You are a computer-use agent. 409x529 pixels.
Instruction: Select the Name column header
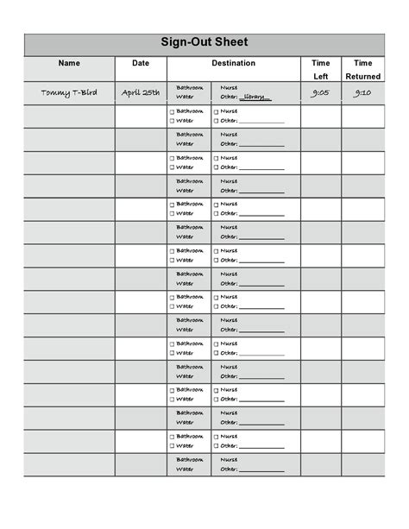[x=69, y=63]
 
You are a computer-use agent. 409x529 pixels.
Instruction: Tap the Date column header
[x=141, y=63]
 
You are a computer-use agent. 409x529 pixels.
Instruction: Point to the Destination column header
[x=233, y=63]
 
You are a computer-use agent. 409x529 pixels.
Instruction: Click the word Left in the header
[x=320, y=76]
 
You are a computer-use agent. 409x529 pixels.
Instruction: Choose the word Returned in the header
[x=363, y=76]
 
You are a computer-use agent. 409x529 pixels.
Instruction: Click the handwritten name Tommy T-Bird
[x=69, y=92]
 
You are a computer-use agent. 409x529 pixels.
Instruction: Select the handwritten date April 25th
[x=141, y=92]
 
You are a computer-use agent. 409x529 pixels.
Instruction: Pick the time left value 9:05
[x=320, y=92]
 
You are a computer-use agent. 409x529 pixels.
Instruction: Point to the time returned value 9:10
[x=363, y=92]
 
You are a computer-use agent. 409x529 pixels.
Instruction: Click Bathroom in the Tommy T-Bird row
[x=190, y=87]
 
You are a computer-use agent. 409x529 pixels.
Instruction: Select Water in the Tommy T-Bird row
[x=186, y=98]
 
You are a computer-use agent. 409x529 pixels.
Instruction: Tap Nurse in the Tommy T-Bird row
[x=230, y=87]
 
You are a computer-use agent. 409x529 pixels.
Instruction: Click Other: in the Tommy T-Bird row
[x=229, y=98]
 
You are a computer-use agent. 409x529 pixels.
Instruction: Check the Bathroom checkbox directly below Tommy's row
[x=172, y=111]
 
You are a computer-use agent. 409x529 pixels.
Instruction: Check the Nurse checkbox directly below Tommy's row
[x=216, y=111]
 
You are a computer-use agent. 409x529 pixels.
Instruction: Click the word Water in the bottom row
[x=186, y=469]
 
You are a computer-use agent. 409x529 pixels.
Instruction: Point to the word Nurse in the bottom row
[x=230, y=459]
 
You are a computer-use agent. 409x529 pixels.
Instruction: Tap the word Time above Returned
[x=363, y=63]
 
